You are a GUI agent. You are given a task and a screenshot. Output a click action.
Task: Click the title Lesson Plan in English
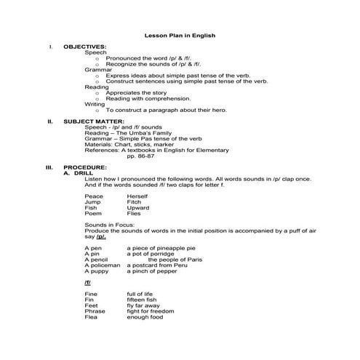click(180, 35)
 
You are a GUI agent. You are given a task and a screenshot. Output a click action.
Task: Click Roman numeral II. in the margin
click(49, 121)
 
